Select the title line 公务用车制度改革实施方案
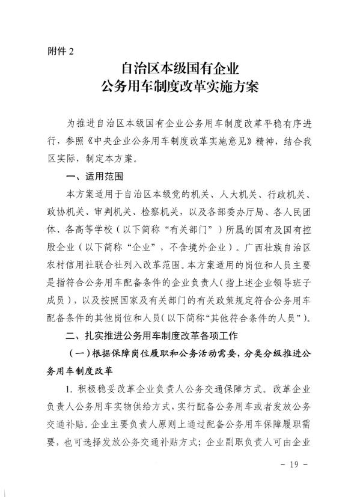[x=180, y=88]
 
